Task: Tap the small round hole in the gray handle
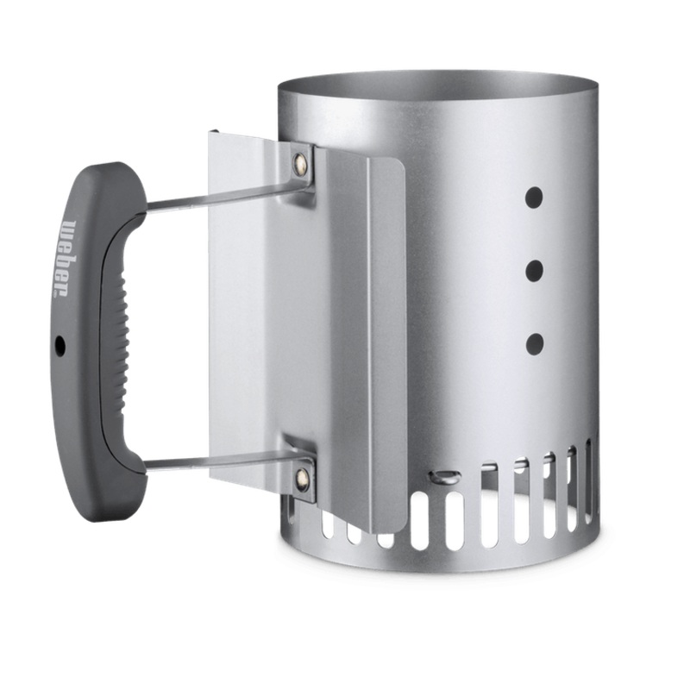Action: pos(60,344)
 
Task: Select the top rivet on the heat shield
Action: pos(301,160)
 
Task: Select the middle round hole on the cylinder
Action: pos(535,270)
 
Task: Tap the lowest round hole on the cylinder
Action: pos(535,344)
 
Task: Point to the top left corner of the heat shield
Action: pos(212,134)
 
